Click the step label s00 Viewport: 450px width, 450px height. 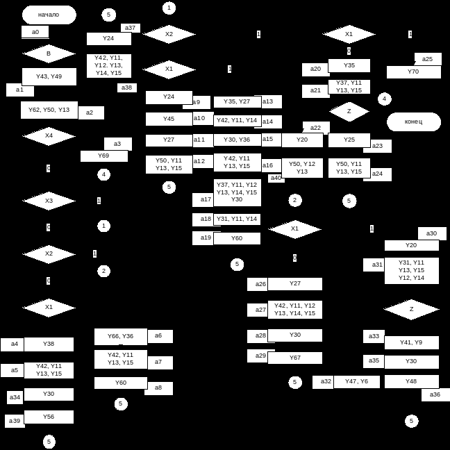(x=35, y=32)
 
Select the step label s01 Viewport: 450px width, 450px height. (x=19, y=90)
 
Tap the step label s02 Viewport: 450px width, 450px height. (x=90, y=112)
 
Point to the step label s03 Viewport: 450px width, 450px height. (x=117, y=144)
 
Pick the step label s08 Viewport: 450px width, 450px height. (x=158, y=388)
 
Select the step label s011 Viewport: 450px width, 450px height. (x=199, y=140)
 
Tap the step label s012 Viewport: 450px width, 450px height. (x=199, y=161)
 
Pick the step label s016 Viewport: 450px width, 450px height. (x=268, y=165)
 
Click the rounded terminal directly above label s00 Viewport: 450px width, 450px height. (x=49, y=15)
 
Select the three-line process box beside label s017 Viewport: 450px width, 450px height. (x=237, y=192)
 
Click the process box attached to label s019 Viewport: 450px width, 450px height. (x=237, y=238)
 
